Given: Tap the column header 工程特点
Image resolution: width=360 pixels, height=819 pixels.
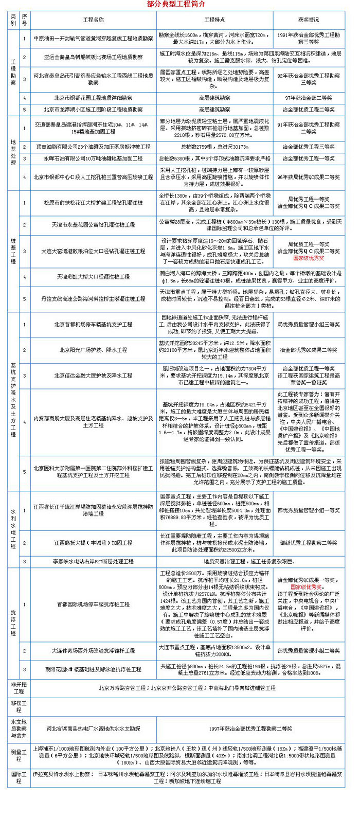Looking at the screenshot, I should pos(214,20).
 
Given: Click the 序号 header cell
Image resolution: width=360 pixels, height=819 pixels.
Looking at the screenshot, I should pos(24,20).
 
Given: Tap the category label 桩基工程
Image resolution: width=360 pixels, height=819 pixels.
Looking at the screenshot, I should pos(13,251).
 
